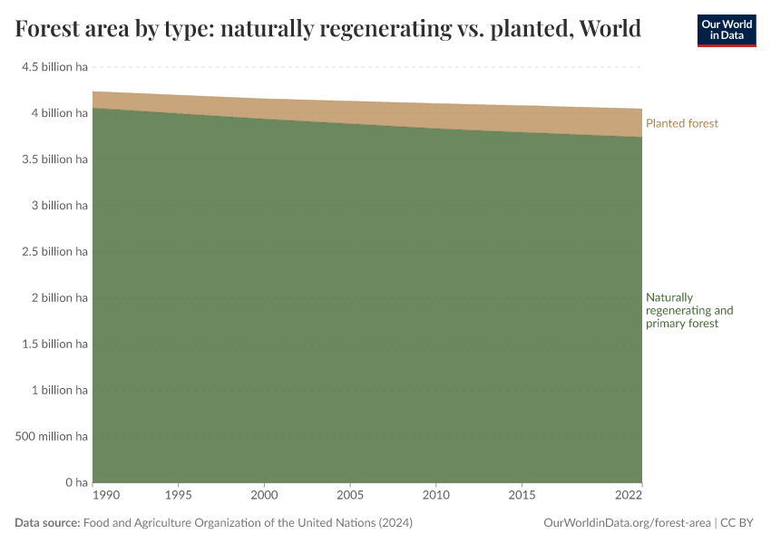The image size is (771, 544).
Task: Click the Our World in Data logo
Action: click(726, 30)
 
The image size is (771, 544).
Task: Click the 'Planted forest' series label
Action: click(682, 123)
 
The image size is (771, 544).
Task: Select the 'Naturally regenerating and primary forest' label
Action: click(688, 310)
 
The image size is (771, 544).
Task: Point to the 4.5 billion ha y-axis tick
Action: click(55, 67)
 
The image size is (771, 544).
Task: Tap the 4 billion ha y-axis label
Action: click(58, 113)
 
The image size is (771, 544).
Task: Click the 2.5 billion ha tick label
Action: click(55, 251)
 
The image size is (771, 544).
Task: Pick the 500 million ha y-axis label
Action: click(53, 436)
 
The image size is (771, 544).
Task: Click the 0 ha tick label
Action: click(75, 482)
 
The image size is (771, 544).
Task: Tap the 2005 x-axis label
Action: click(350, 497)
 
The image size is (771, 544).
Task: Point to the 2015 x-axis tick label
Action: click(522, 497)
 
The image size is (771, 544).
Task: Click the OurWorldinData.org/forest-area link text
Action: click(626, 523)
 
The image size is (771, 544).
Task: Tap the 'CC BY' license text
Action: click(737, 523)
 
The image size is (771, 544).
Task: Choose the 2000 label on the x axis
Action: click(265, 497)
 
